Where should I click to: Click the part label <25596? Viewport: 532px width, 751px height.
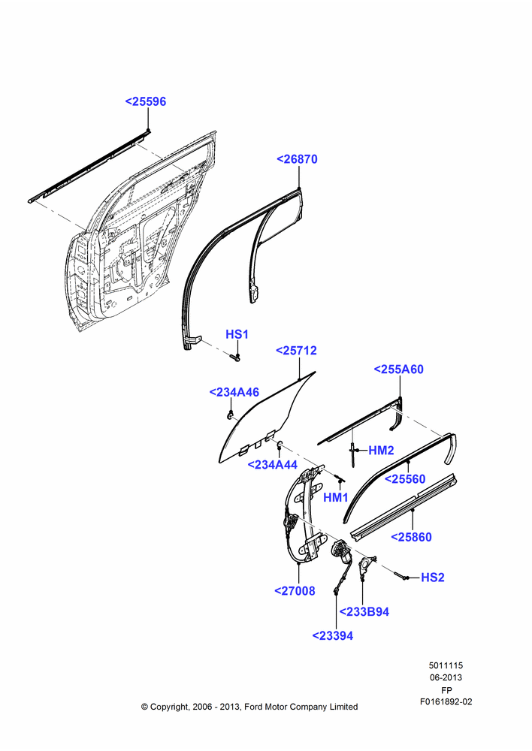[146, 101]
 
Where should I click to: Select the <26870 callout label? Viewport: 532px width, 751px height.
[297, 159]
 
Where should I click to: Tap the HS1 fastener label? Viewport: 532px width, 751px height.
[237, 334]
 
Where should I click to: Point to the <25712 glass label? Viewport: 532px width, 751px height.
[296, 351]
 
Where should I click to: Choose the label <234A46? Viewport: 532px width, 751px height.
[234, 392]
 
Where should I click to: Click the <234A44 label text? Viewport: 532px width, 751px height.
[272, 465]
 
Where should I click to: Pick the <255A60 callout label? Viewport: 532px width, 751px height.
[399, 369]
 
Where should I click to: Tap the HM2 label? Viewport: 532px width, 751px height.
[381, 450]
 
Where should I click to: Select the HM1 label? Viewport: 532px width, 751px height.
[335, 498]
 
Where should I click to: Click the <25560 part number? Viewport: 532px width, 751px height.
[405, 479]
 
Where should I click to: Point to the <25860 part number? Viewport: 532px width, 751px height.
[411, 538]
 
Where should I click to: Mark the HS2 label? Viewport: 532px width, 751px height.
[433, 578]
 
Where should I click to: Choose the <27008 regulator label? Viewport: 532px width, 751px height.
[295, 591]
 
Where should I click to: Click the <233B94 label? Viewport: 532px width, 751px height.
[364, 612]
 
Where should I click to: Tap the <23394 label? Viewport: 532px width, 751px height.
[333, 636]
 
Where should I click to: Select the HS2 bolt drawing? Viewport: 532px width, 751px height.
[401, 576]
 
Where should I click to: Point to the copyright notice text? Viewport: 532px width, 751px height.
[249, 707]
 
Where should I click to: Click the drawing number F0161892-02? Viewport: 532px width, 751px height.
[446, 701]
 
